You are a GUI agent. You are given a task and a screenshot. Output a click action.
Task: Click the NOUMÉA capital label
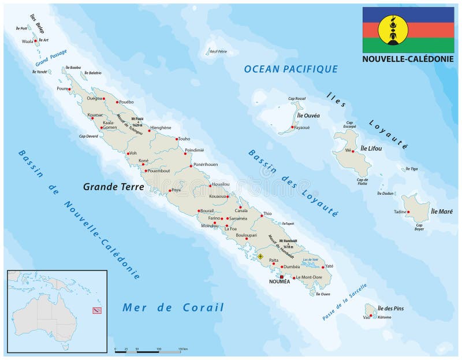coord(281,283)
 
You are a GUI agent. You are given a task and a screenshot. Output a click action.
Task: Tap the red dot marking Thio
coord(262,216)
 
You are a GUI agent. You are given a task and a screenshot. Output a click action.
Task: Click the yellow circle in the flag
coord(393,30)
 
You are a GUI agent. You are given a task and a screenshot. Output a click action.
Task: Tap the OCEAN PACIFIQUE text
coord(290,69)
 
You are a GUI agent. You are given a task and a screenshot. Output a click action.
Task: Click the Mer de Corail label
coord(173,307)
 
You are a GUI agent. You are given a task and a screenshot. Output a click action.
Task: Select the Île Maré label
coord(442,211)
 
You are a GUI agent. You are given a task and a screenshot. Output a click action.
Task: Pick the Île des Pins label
coord(390,309)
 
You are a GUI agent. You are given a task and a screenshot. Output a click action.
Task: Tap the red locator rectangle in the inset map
coord(97,310)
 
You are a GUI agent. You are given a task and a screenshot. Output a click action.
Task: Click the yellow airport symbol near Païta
coord(260,255)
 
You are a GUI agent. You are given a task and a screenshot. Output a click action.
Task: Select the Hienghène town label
coord(161,128)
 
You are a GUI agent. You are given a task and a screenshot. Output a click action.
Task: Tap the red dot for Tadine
coord(408,212)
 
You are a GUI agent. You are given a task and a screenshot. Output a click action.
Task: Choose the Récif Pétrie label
coord(218,51)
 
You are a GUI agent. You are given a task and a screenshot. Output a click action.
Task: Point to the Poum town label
coord(62,89)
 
